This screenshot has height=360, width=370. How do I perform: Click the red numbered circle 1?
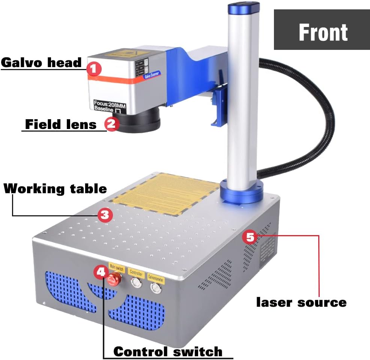[94, 69]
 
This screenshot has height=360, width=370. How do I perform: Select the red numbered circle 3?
[105, 215]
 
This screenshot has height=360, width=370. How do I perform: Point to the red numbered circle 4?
[101, 272]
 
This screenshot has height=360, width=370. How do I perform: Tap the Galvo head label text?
[41, 62]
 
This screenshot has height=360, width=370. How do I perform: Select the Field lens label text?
[61, 124]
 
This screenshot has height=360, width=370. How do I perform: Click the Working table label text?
[55, 188]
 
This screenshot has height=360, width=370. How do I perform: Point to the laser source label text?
[301, 302]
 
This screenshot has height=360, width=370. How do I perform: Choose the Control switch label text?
[168, 351]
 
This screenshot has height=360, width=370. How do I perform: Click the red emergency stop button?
[114, 280]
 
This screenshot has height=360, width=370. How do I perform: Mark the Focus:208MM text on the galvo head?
[110, 102]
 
